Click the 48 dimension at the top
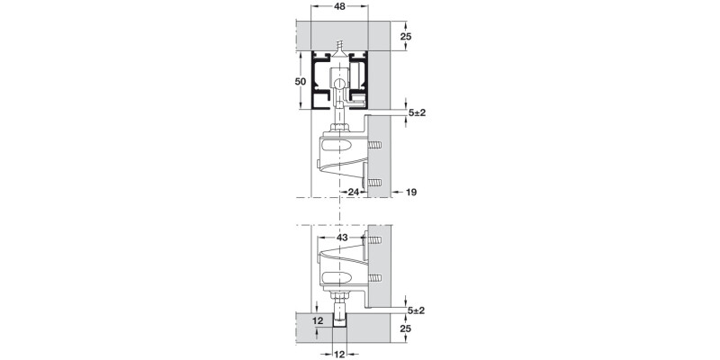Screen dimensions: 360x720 click(x=339, y=7)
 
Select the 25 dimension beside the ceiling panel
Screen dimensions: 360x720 click(x=406, y=37)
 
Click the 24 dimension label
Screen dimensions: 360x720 click(x=354, y=192)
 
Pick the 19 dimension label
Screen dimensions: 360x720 click(x=411, y=192)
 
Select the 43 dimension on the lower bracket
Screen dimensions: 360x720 click(x=342, y=237)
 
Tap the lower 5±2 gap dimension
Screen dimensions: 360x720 click(x=416, y=310)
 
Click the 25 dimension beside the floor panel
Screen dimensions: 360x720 click(x=406, y=330)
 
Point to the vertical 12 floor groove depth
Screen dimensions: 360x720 click(x=316, y=319)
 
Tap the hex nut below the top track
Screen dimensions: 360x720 click(x=339, y=127)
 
